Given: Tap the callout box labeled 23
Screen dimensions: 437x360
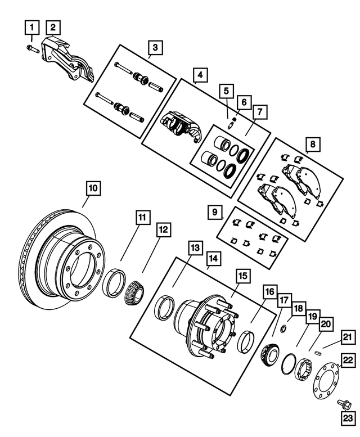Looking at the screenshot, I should pyautogui.click(x=346, y=417).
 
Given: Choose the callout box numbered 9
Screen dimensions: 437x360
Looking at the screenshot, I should pyautogui.click(x=214, y=213).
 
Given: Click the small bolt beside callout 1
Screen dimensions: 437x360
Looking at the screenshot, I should pyautogui.click(x=31, y=49).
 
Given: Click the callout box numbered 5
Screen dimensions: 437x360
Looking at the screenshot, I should pyautogui.click(x=226, y=89).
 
